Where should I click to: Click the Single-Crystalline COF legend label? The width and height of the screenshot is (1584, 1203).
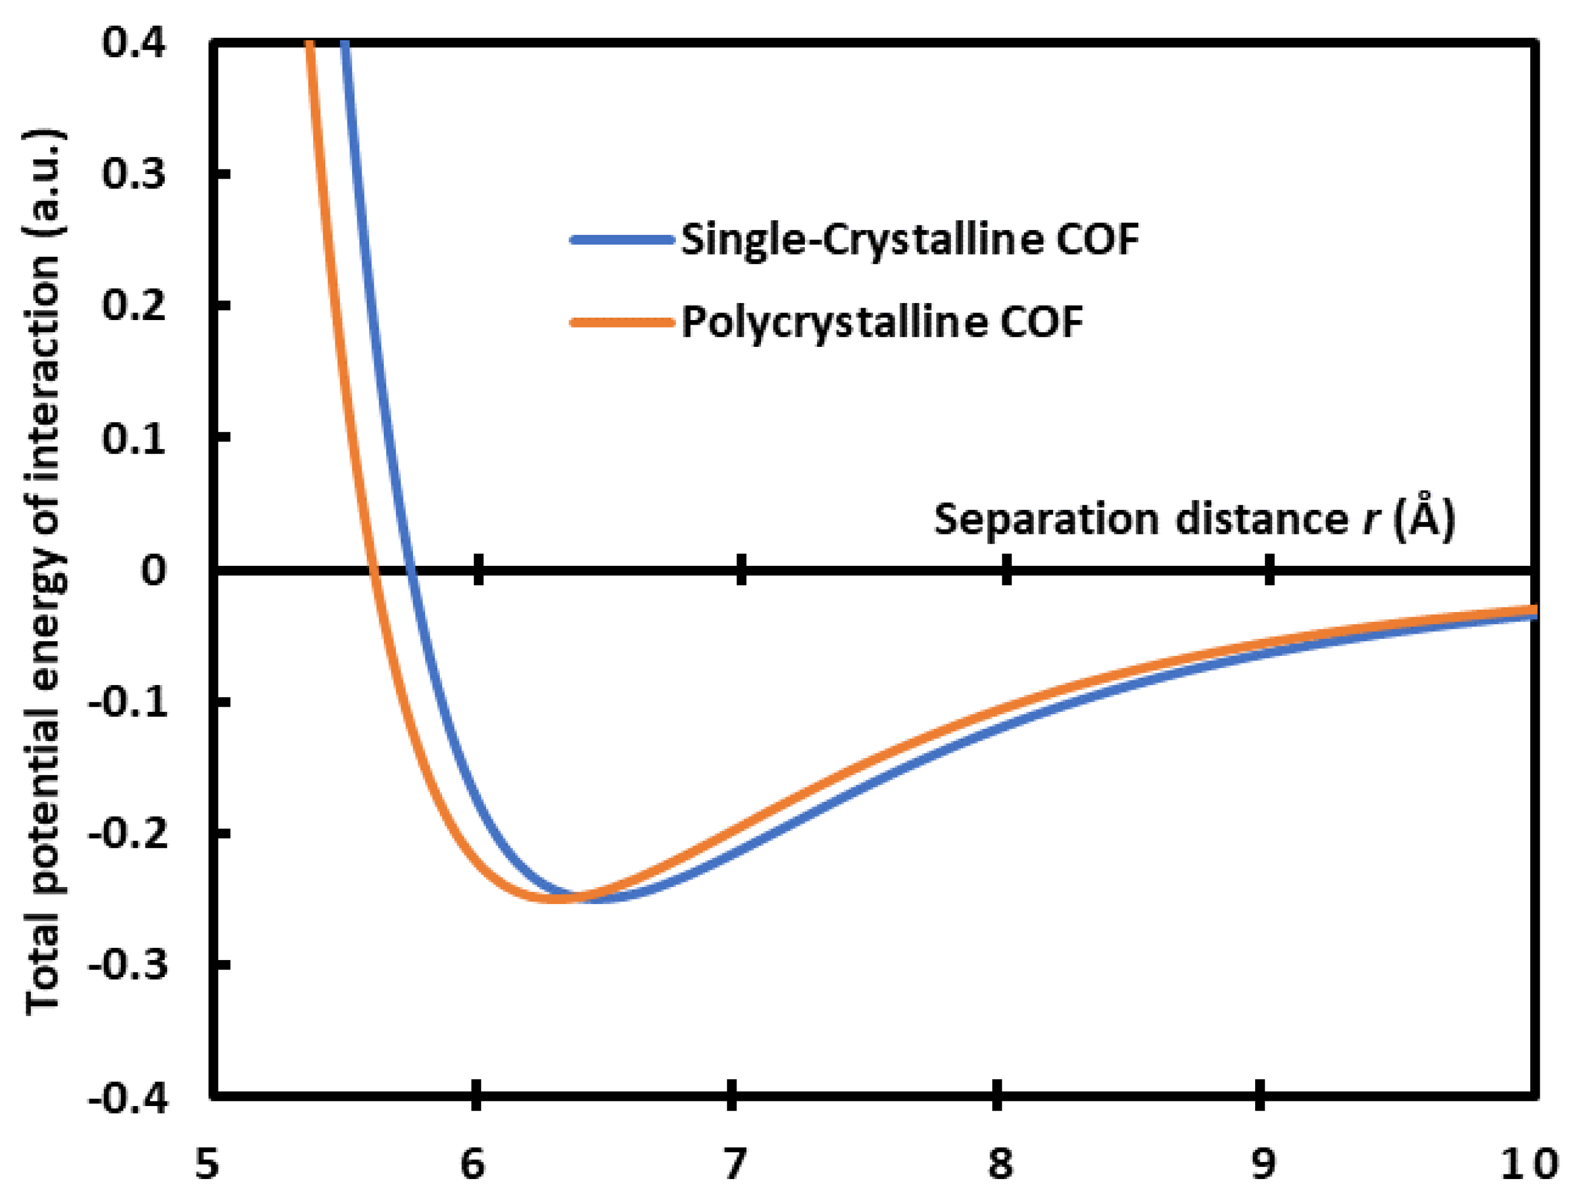(x=909, y=239)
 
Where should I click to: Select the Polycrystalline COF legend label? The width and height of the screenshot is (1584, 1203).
(x=881, y=322)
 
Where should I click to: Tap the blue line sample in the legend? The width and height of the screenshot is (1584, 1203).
(x=621, y=239)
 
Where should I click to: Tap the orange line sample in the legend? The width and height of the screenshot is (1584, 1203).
(x=621, y=322)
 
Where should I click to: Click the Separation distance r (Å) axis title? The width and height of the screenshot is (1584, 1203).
(x=1194, y=519)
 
